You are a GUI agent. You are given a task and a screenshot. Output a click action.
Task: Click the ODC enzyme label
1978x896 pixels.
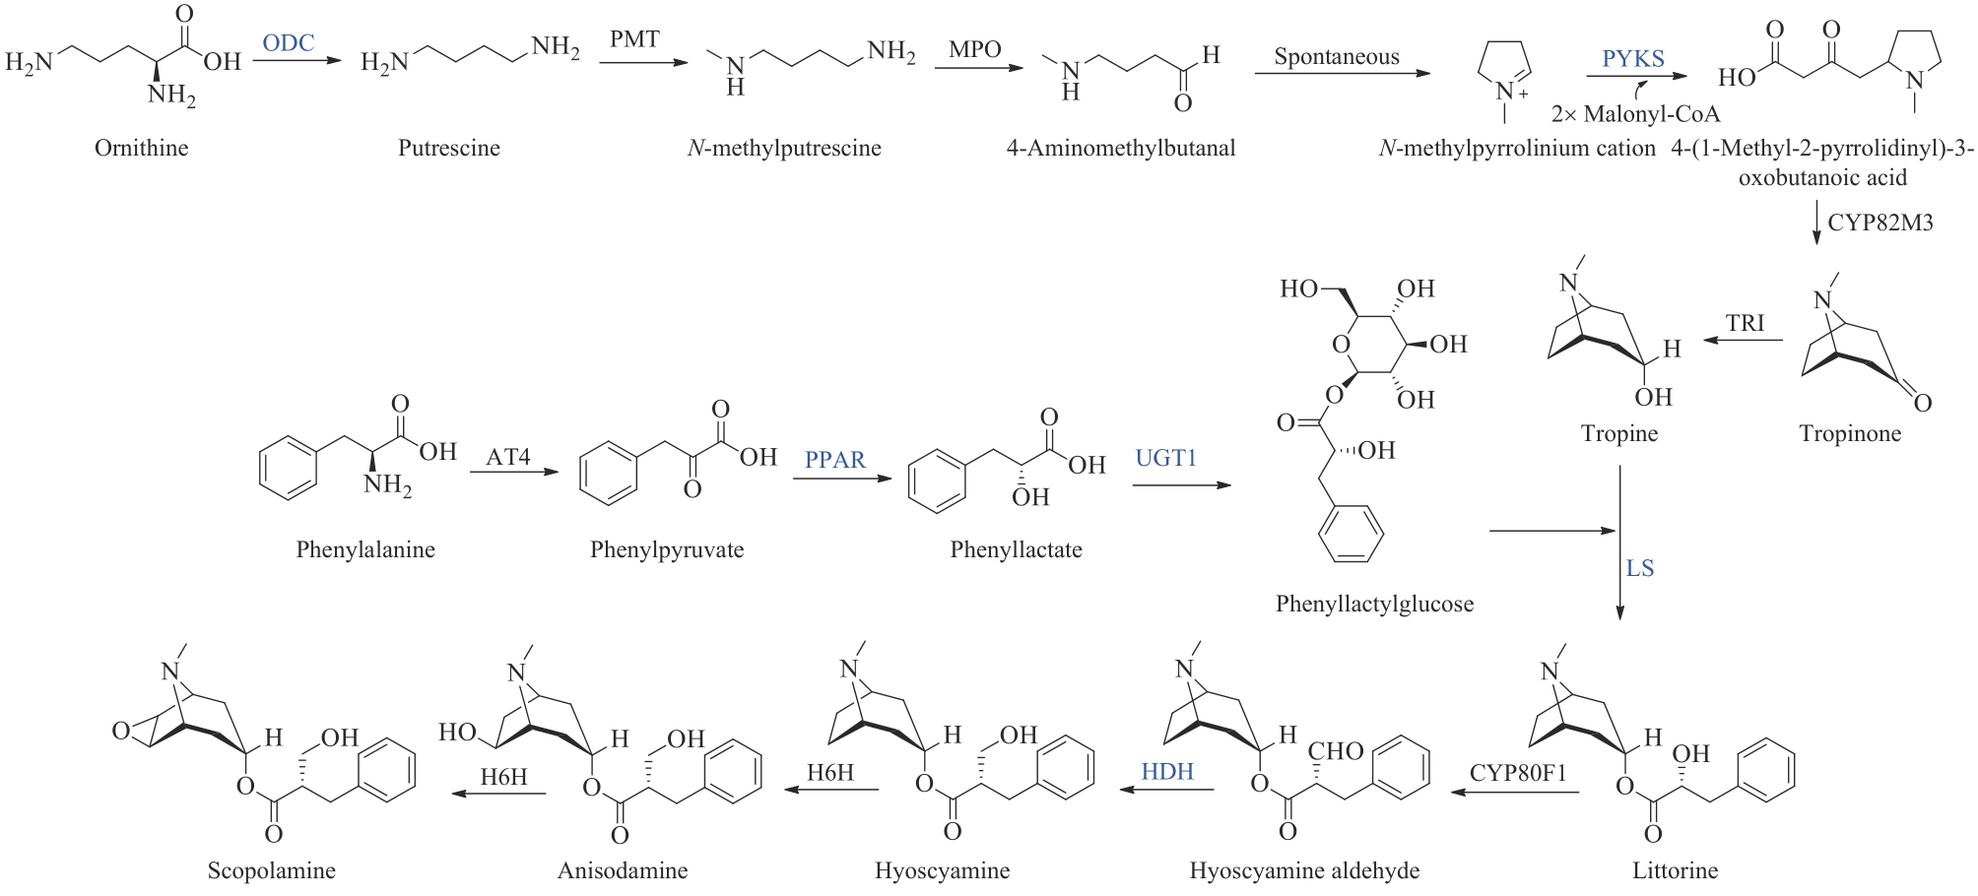[288, 43]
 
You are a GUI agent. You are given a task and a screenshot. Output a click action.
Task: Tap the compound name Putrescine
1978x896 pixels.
[448, 148]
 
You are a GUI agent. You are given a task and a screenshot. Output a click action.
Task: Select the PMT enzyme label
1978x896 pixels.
[634, 39]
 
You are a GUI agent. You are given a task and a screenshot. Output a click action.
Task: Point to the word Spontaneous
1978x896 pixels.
[1336, 57]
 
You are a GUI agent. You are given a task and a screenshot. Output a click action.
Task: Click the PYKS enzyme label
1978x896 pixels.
[1632, 59]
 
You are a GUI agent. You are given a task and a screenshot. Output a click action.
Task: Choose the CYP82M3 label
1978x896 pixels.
[1879, 223]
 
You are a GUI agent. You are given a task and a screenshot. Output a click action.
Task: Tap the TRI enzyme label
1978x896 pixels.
[1745, 323]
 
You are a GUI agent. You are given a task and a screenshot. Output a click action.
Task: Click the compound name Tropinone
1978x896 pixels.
[1849, 433]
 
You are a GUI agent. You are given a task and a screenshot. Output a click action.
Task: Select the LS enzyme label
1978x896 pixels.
[1639, 568]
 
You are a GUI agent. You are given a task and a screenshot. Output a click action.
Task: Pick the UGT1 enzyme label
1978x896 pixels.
[1165, 458]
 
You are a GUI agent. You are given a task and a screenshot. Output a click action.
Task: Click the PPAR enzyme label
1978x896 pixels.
[834, 460]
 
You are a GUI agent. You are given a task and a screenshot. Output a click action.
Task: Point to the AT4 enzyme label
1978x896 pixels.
[507, 457]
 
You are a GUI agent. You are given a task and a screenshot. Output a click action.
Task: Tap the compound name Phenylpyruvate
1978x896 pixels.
[667, 549]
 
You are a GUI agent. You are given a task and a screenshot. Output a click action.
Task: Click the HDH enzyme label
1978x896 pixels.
[1167, 771]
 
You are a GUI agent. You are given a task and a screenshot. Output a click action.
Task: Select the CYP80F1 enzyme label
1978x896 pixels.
[1517, 773]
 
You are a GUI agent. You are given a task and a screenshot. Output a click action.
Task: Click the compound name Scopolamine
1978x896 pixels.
[271, 870]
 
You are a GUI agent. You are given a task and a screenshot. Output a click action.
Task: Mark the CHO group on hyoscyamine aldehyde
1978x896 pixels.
[1335, 751]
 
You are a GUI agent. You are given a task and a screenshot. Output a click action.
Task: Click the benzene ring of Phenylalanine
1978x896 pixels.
[288, 471]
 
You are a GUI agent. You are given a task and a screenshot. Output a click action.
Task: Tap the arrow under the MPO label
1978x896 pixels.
[978, 68]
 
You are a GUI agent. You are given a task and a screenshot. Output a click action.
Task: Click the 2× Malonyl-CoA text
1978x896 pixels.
[1635, 114]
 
